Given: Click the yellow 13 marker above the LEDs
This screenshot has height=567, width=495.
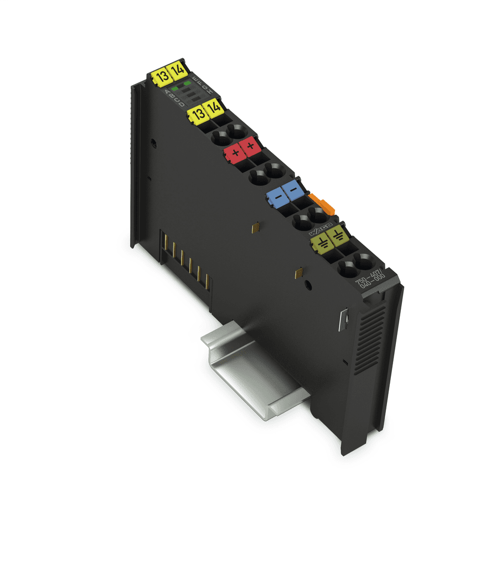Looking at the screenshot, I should [161, 77].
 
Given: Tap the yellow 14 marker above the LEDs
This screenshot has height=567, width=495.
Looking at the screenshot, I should [177, 70].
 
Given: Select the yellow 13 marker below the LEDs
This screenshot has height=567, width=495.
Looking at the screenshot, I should [197, 114].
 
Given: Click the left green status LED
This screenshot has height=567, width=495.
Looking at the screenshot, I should [175, 88].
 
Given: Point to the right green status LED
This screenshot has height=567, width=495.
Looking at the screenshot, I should [187, 83].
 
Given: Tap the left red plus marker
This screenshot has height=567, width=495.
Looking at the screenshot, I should [235, 151].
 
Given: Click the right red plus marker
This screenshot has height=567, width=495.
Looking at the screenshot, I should [251, 145].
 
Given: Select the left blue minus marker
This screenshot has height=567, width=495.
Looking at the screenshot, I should [275, 197].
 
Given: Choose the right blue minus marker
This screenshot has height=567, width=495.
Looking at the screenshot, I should [293, 191].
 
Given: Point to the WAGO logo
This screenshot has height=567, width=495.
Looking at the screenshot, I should [321, 228].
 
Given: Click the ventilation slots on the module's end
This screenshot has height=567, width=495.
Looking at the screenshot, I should [370, 338].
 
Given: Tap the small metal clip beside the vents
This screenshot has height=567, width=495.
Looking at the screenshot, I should [342, 319].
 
